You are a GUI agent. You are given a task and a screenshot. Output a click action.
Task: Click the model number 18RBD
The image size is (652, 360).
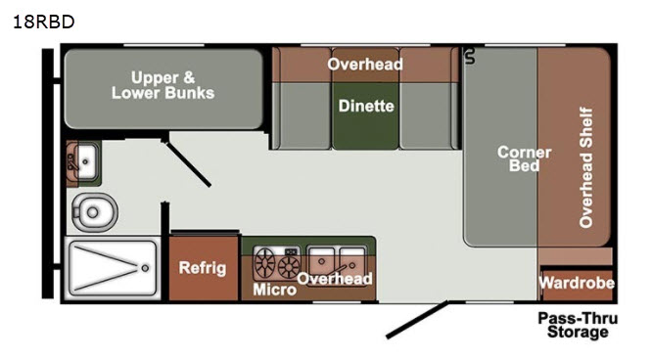(44, 22)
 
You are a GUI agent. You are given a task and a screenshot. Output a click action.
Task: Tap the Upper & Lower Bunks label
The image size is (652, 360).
(163, 85)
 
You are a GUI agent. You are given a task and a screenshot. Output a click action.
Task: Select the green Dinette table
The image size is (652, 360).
(365, 115)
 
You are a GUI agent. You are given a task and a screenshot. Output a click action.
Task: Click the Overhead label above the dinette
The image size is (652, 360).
(365, 64)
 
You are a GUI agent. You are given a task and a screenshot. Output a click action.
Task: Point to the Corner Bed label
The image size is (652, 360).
(525, 158)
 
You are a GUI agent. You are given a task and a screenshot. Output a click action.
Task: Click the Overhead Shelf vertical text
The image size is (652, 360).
(585, 167)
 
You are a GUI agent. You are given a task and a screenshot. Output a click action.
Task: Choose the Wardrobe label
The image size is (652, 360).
(577, 283)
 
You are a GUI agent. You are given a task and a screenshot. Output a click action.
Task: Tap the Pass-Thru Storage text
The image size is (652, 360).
(578, 325)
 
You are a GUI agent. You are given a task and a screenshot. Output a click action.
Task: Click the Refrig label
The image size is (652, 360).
(203, 268)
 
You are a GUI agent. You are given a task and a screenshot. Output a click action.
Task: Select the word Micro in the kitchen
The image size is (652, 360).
(274, 290)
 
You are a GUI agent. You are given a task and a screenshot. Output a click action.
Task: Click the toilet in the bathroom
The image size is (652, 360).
(94, 212)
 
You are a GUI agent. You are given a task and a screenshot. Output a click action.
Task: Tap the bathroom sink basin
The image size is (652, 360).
(86, 161)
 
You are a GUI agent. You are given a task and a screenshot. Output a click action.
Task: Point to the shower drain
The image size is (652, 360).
(145, 268)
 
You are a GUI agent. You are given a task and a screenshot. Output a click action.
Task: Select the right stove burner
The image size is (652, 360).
(289, 266)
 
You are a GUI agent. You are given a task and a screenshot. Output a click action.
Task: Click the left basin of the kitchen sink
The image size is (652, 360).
(321, 259)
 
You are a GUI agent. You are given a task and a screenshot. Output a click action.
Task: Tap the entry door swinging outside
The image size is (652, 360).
(417, 319)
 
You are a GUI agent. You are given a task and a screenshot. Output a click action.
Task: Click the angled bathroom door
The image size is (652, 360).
(187, 162)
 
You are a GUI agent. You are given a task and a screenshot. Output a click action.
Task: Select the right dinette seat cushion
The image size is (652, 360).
(428, 115)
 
